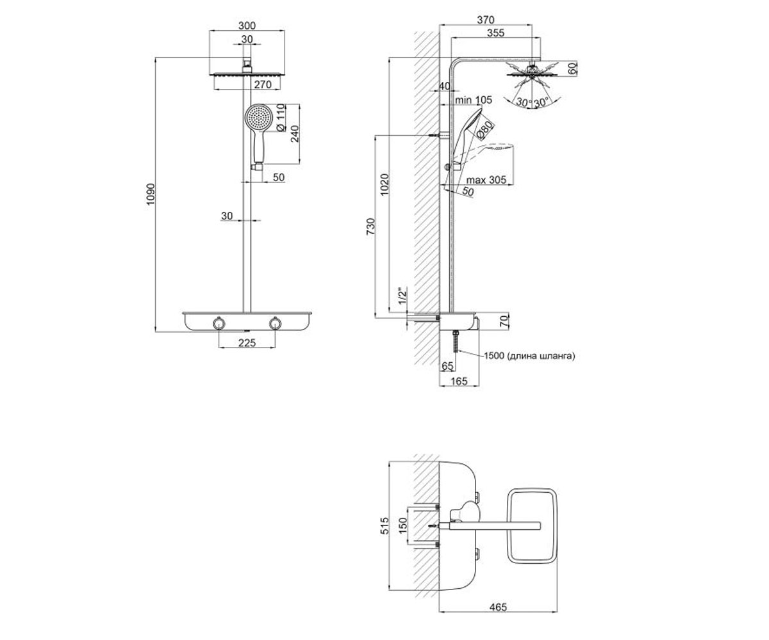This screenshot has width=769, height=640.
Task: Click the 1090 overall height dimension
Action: click(151, 194)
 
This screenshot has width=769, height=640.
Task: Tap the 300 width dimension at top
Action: click(247, 26)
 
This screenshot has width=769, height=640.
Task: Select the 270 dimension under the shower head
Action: click(263, 84)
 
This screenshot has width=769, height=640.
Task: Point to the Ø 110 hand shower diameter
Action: click(281, 117)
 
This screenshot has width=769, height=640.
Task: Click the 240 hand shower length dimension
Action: click(295, 134)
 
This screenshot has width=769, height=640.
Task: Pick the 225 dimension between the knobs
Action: click(247, 343)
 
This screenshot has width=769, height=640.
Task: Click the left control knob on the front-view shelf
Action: click(219, 323)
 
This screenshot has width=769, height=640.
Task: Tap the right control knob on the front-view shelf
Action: click(275, 323)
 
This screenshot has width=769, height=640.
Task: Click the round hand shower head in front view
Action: click(258, 118)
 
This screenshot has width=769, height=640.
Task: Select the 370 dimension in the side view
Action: click(485, 20)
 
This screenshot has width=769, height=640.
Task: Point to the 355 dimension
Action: click(495, 33)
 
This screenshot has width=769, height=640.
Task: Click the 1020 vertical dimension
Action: click(384, 184)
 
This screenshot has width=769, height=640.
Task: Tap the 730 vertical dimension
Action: click(371, 227)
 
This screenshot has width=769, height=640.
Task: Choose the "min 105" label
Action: click(474, 100)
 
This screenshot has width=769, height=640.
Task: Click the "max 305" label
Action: click(486, 180)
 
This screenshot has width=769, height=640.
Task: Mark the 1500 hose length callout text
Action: click(529, 356)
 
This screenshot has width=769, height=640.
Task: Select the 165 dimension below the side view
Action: click(459, 381)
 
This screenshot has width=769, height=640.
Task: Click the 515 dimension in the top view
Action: click(384, 525)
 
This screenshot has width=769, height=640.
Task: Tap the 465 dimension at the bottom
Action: click(498, 607)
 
